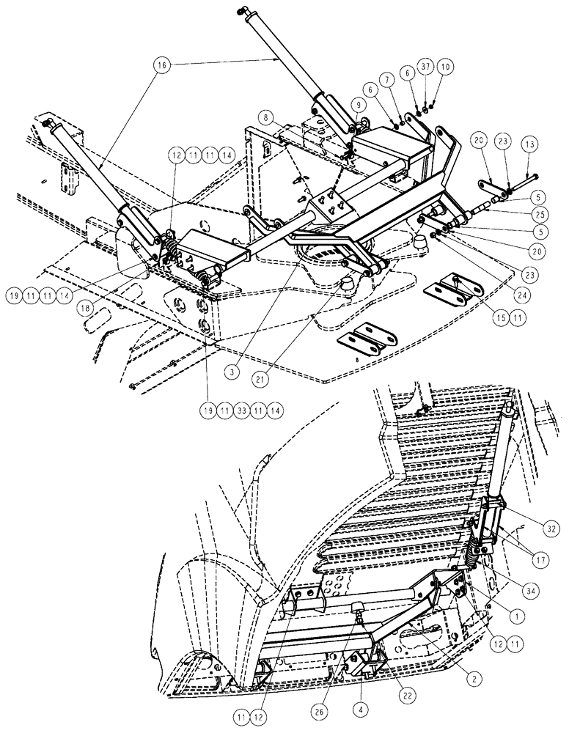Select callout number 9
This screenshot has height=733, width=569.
(358, 106)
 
